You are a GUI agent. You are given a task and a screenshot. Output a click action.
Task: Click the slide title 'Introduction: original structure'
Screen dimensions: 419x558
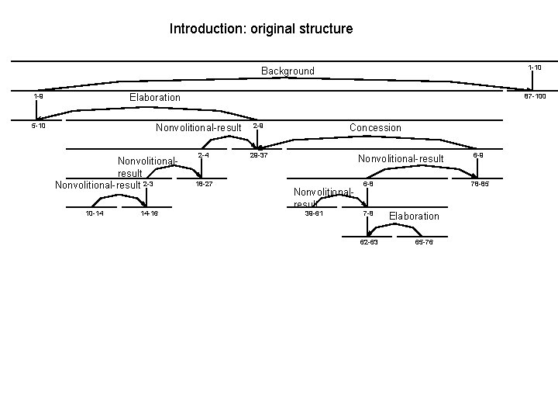point(261,29)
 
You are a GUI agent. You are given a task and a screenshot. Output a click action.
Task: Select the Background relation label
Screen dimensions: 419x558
point(288,71)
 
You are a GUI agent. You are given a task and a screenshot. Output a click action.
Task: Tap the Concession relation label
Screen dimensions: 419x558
point(375,127)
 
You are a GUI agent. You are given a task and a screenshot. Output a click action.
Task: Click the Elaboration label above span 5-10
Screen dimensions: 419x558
point(154,97)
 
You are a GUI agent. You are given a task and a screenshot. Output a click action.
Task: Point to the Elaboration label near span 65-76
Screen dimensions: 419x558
point(414,216)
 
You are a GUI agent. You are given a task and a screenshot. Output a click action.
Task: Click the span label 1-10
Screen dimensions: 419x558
point(535,68)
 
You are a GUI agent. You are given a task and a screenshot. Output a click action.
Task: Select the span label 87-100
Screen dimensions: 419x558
point(535,96)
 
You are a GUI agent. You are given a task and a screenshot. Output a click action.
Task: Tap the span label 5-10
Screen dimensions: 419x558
point(38,125)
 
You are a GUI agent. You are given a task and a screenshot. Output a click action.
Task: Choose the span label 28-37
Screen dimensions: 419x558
point(258,155)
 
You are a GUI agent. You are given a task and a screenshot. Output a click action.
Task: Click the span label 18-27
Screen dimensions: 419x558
point(204,184)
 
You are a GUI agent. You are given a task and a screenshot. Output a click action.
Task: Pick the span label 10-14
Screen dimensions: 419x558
point(95,213)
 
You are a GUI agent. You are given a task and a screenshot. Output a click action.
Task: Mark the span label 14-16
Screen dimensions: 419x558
point(150,213)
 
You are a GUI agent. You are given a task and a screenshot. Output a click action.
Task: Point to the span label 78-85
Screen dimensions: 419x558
point(479,184)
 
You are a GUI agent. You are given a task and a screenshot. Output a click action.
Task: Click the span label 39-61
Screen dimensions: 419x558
point(314,213)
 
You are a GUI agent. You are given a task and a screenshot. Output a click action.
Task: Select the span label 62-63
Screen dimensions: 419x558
point(369,242)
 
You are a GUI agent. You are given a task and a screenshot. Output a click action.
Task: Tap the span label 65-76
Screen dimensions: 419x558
point(424,242)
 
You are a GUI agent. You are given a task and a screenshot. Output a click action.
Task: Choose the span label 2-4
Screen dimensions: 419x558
point(203,155)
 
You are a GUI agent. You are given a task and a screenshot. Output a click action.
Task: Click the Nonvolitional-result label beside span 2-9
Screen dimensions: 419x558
point(198,127)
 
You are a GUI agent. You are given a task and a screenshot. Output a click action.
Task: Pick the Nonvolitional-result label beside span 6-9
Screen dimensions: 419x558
point(401,159)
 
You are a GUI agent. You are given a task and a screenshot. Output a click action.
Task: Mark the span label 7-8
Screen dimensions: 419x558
point(368,213)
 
